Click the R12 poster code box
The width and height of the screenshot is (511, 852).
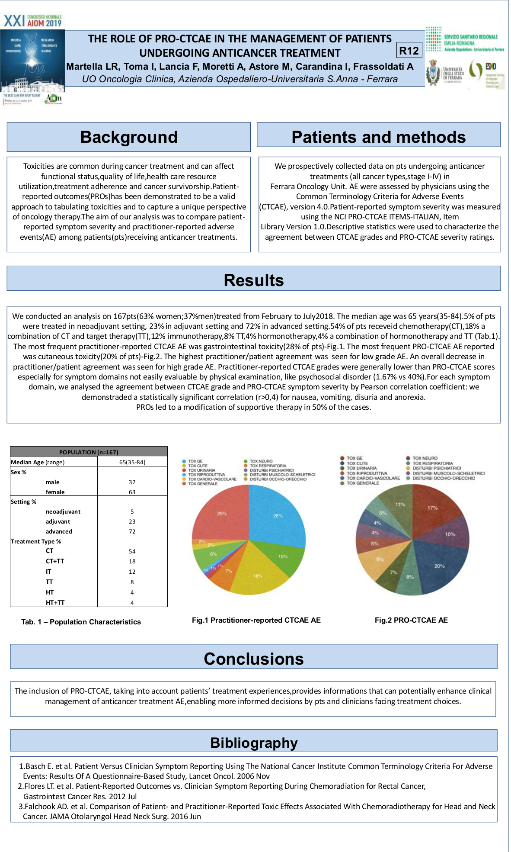pos(409,51)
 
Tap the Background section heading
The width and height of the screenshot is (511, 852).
pos(129,137)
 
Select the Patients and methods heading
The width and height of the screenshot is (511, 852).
pos(378,137)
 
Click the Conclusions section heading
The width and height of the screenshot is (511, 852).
pos(254,659)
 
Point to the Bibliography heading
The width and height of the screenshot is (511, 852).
pos(254,743)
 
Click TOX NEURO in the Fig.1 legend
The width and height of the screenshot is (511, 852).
pos(261,461)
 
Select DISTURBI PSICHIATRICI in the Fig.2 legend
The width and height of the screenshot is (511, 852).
pos(437,468)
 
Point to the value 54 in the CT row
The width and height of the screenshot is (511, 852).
pos(132,551)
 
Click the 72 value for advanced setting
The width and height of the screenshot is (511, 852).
pos(132,531)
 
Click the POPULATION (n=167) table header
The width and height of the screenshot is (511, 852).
pos(89,452)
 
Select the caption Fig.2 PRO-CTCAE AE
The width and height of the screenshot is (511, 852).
pos(411,620)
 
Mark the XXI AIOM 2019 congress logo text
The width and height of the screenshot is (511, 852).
pos(33,21)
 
